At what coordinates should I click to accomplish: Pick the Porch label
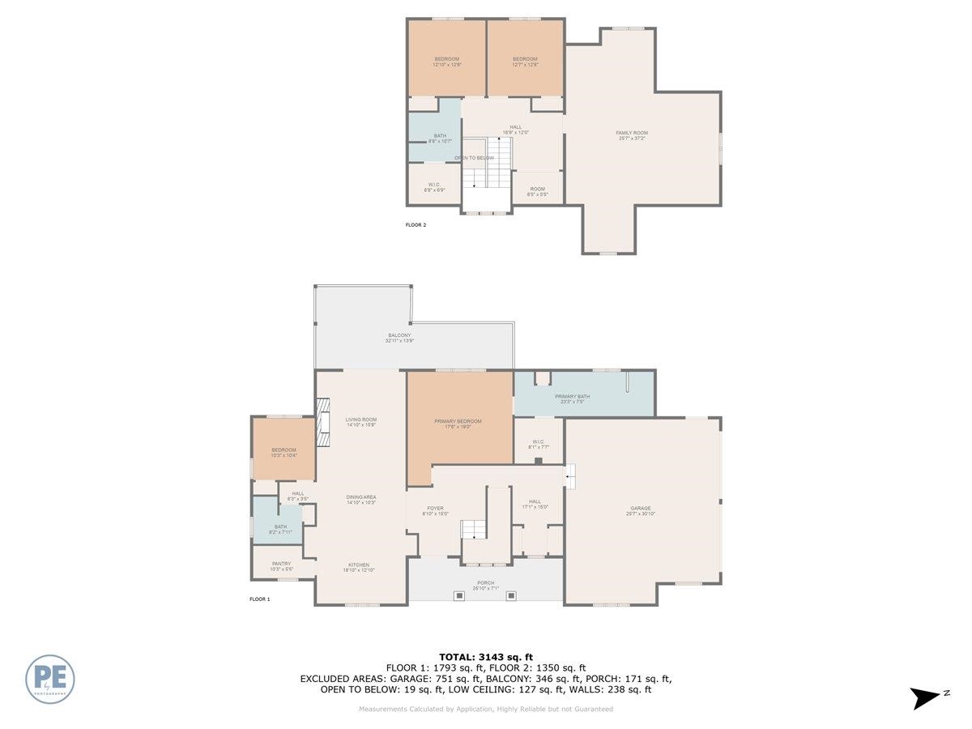pos(486,586)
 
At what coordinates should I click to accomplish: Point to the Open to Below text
pos(474,158)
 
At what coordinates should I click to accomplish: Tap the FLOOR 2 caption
pos(416,225)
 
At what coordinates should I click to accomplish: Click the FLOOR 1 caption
pos(259,599)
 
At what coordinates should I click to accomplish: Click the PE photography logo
pos(50,679)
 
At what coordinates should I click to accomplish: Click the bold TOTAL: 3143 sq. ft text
pos(486,657)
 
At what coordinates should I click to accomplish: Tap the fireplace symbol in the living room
pos(324,421)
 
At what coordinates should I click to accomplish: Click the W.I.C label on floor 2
pos(434,187)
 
